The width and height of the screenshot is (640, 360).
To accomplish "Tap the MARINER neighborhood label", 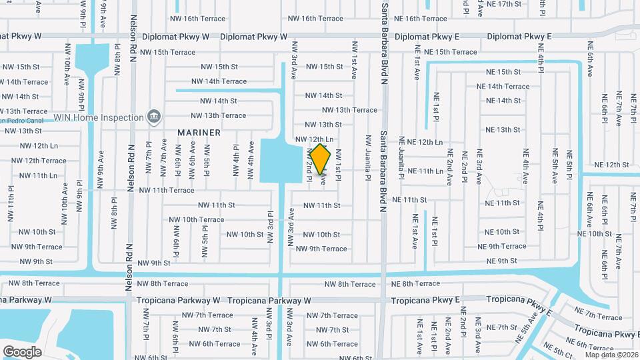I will click(199, 133).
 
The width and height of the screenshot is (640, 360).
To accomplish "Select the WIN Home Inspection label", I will click(99, 117).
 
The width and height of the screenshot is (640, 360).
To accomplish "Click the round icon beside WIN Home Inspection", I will click(154, 117).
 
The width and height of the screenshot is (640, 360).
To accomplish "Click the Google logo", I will click(22, 351).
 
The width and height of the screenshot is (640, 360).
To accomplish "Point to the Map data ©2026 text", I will click(611, 355).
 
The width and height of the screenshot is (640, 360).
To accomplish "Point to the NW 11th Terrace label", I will click(167, 190).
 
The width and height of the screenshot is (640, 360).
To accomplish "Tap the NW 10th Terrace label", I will click(197, 219).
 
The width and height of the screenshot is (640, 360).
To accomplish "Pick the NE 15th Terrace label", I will click(451, 52).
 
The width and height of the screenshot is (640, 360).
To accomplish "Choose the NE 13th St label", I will click(503, 130).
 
